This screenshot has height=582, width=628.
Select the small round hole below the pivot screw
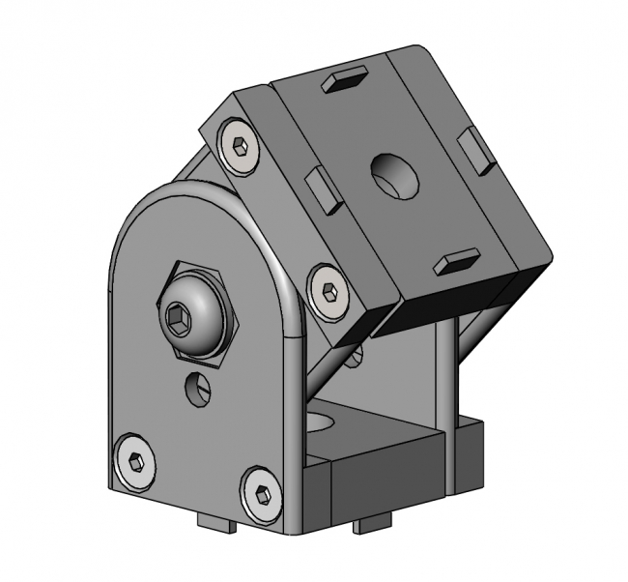pos(197,389)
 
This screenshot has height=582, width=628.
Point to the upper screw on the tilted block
pos(239,148)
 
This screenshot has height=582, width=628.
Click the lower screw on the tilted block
pos(328,291)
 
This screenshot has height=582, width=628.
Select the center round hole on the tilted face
pos(396,175)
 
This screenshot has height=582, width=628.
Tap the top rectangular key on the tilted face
pos(345,80)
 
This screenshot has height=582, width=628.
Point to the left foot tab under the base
pos(217,524)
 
